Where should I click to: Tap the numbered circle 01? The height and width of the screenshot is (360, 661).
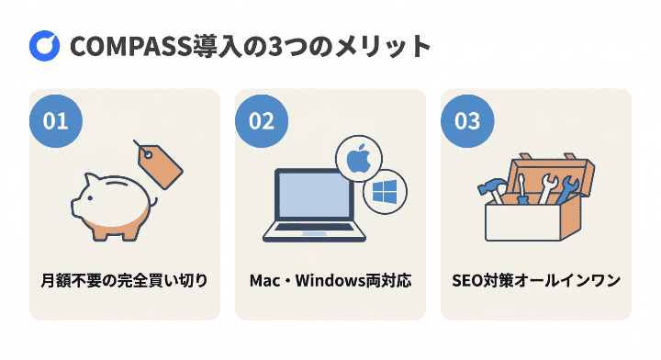56,121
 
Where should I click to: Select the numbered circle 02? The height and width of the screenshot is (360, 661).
262,121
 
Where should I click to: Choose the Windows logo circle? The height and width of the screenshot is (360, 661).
383,192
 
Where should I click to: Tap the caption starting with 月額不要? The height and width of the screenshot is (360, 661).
124,279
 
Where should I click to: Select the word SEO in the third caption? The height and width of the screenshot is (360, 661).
468,279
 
